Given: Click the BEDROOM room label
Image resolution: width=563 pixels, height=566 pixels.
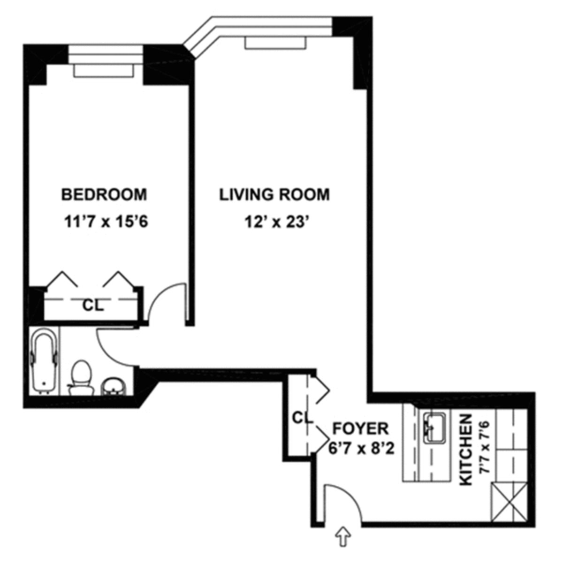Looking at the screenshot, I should (x=104, y=194).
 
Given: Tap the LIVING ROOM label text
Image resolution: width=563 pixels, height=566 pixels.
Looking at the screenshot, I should (x=275, y=194).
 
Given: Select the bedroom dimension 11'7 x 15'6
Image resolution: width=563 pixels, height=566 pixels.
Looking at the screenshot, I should (x=106, y=221).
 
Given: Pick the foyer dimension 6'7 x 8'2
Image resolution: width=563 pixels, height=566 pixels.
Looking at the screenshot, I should (x=360, y=449).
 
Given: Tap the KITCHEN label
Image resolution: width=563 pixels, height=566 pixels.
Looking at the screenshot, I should (x=465, y=450).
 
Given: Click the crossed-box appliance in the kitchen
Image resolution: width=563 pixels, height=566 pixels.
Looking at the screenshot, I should (x=508, y=503).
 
